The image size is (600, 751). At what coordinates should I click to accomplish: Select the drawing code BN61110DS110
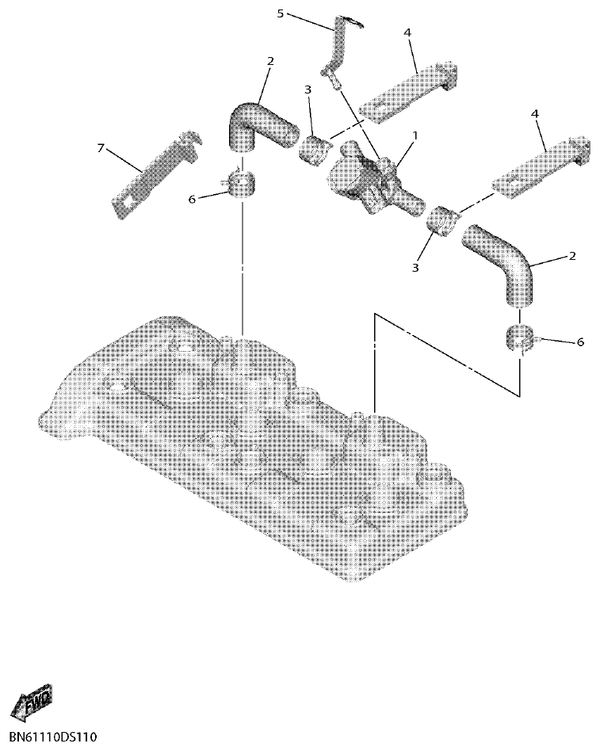(49, 738)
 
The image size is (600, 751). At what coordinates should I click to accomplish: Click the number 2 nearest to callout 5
(270, 61)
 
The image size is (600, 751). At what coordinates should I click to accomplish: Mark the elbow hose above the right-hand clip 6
(504, 265)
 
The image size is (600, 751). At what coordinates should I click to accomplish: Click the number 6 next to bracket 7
(191, 200)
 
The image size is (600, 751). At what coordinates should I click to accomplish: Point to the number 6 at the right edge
(579, 341)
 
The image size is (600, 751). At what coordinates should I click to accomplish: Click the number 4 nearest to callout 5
(407, 32)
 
